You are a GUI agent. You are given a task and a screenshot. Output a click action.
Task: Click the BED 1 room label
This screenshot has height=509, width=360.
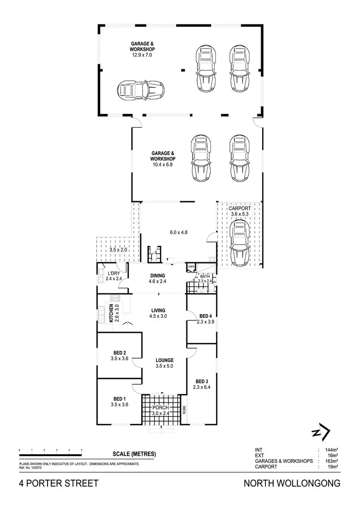tap(120, 399)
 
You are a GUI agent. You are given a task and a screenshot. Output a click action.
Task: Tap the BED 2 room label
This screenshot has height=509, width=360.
tap(120, 352)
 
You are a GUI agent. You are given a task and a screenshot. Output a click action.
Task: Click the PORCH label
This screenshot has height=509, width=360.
tap(161, 408)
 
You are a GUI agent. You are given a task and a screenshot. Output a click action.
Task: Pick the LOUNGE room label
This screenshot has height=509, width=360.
tap(164, 360)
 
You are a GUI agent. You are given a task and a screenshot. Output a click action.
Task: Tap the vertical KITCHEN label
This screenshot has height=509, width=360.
tap(111, 313)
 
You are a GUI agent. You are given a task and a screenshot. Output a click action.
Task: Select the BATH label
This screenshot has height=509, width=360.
tap(205, 276)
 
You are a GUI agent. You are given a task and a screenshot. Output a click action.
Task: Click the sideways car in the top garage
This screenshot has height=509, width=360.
tap(141, 89)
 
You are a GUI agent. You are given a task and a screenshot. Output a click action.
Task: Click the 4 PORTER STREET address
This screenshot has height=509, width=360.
tap(58, 483)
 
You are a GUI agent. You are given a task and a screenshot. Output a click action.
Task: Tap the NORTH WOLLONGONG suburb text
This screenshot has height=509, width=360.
tap(293, 483)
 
